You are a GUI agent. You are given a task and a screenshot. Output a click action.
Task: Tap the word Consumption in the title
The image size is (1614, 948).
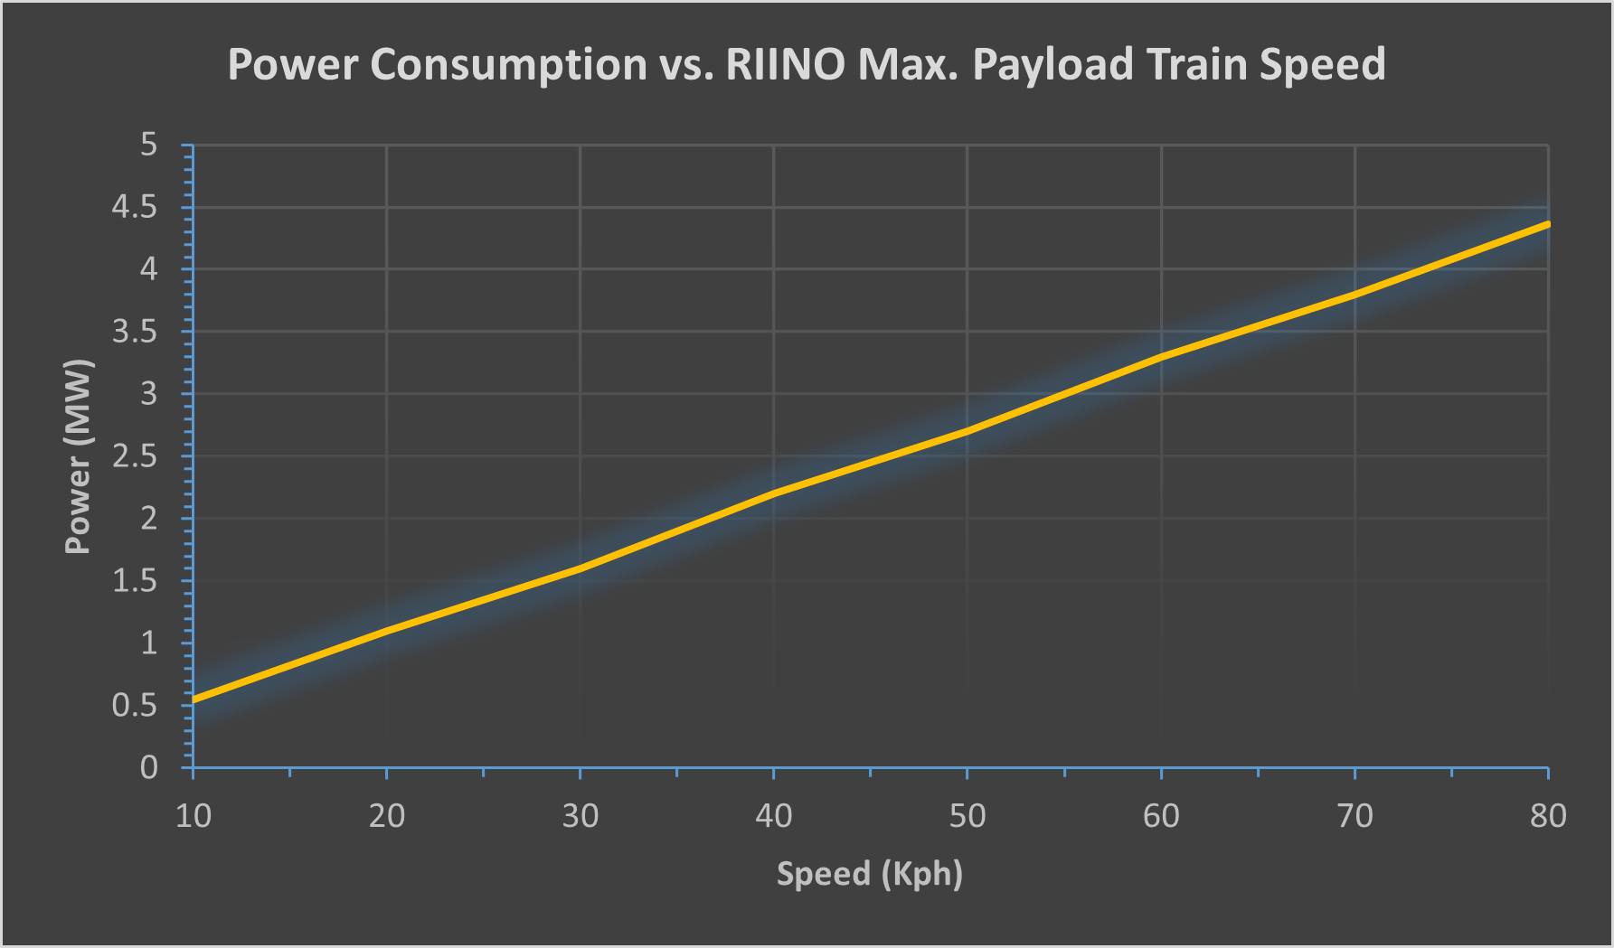pos(508,65)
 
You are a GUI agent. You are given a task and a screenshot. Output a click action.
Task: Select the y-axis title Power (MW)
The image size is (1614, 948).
pos(79,456)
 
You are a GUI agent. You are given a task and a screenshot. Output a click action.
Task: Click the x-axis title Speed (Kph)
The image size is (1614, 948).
pos(870,874)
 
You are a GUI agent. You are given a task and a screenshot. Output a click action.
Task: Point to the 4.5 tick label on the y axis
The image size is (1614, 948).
pos(134,208)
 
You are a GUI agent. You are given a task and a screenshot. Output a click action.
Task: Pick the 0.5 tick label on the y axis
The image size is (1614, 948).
pos(134,706)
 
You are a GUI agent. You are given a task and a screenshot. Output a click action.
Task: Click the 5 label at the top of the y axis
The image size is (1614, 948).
pos(148,145)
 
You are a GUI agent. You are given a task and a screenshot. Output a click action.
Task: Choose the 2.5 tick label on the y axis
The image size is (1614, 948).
pos(134,456)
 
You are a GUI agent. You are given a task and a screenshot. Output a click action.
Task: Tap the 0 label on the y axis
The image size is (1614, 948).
pos(148,768)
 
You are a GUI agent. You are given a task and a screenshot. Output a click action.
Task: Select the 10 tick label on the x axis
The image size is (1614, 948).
pos(193,816)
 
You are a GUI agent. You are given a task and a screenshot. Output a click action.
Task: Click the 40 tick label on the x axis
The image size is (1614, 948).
pos(774,816)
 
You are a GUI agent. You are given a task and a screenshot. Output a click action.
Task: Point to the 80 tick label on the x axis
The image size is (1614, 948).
pos(1548,816)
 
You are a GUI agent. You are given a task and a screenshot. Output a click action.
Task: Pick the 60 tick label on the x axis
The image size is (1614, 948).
pos(1161,816)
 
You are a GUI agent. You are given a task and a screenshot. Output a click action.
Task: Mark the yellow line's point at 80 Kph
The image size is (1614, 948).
pos(1547,224)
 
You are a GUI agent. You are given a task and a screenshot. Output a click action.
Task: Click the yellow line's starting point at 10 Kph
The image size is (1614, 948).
pos(194,699)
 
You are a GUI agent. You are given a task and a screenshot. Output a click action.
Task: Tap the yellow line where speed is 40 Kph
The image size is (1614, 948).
pos(774,493)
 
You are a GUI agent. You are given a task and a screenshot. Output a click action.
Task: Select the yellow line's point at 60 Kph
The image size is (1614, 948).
pos(1161,357)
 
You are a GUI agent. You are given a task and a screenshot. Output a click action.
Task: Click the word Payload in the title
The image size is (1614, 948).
pos(1052,65)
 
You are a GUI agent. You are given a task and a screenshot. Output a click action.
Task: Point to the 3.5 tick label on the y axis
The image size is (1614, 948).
pos(134,333)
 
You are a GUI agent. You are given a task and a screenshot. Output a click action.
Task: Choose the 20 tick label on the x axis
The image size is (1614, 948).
pos(387,816)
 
